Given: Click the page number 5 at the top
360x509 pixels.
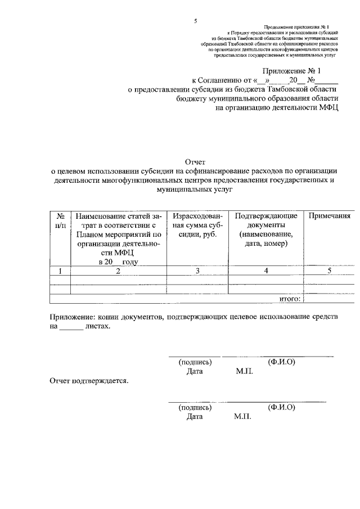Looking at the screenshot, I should tap(195, 21).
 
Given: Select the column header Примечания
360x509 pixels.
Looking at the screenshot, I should tap(330, 216).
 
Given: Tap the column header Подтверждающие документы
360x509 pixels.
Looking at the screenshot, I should tap(263, 229).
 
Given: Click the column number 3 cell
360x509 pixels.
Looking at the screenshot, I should tap(197, 271).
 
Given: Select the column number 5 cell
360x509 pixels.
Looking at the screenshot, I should tap(330, 271).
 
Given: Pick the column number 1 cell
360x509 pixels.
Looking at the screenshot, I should tap(60, 271).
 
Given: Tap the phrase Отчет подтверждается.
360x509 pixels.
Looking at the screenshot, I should tap(89, 381).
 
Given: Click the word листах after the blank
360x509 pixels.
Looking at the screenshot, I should tap(98, 326).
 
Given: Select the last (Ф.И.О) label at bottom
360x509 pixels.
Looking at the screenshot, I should tap(282, 407).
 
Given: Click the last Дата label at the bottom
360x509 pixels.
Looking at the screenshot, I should tap(194, 417).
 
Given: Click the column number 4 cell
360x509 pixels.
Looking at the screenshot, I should tap(263, 271).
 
